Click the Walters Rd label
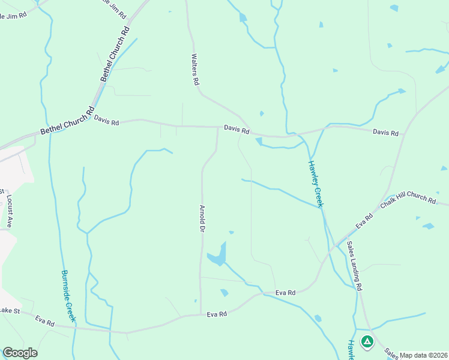click(194, 70)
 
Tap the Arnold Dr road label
click(202, 219)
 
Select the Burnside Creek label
click(68, 295)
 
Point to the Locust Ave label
click(9, 210)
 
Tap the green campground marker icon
click(367, 342)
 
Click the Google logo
click(20, 353)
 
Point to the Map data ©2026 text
click(424, 355)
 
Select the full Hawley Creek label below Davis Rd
click(316, 184)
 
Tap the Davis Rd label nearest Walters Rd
click(237, 128)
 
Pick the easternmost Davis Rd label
click(385, 132)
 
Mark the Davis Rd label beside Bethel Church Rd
click(106, 120)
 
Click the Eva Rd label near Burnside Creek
click(45, 322)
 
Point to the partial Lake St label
click(10, 310)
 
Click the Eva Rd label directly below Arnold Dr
click(217, 314)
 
